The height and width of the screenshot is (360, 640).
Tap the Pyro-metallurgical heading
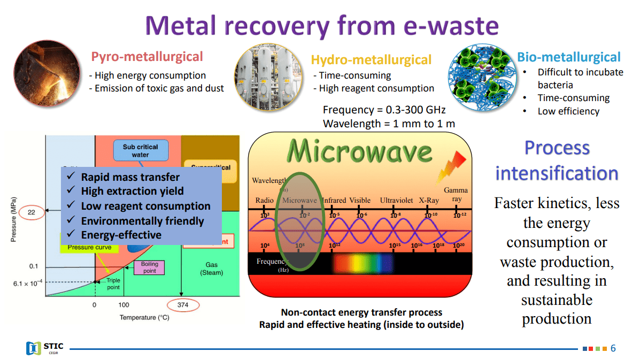[147, 57]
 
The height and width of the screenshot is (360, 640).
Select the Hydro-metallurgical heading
[371, 60]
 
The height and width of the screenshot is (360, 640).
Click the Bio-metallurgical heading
[569, 58]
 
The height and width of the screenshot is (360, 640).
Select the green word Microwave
[359, 151]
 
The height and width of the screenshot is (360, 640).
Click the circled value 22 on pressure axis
[31, 212]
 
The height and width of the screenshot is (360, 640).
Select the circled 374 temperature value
[182, 305]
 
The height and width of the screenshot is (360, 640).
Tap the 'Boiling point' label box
[149, 267]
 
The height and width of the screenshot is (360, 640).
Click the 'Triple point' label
[113, 284]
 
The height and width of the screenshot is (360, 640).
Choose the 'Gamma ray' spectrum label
[456, 195]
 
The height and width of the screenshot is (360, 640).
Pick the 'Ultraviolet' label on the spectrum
[396, 201]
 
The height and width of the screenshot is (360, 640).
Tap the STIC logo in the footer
[45, 348]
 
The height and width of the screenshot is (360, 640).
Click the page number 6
[613, 348]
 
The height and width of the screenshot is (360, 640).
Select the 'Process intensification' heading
[557, 160]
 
